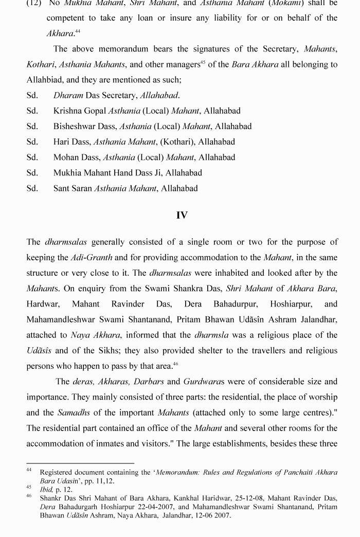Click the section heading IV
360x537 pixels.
(182, 216)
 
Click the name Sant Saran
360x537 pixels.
(73, 188)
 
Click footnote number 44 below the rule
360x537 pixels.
(30, 470)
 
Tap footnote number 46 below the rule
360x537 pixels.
(30, 496)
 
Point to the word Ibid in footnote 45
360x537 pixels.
(47, 490)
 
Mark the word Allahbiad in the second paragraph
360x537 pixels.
(48, 80)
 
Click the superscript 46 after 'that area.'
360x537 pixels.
(175, 364)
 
